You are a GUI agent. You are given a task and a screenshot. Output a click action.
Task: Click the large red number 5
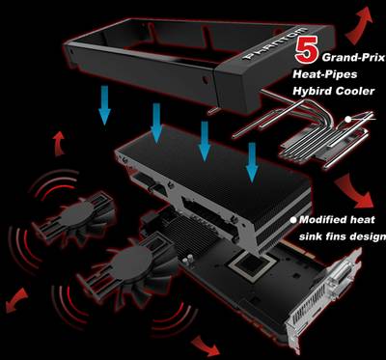(308, 50)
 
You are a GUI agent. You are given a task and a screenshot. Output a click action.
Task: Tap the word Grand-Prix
(353, 58)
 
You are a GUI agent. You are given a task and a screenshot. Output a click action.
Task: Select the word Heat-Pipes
(325, 74)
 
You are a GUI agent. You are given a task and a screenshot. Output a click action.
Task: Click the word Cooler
(355, 91)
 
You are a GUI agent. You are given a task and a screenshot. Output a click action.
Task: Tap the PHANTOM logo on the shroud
(274, 43)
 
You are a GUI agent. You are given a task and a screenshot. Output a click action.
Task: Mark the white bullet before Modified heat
(293, 220)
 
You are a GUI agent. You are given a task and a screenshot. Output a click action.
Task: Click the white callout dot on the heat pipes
(348, 120)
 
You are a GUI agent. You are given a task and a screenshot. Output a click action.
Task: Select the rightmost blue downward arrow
(252, 162)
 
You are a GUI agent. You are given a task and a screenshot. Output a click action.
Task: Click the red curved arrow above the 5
(359, 25)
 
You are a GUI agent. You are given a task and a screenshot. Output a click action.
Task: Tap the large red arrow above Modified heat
(354, 191)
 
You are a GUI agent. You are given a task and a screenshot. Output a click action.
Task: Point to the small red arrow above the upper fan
(59, 144)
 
